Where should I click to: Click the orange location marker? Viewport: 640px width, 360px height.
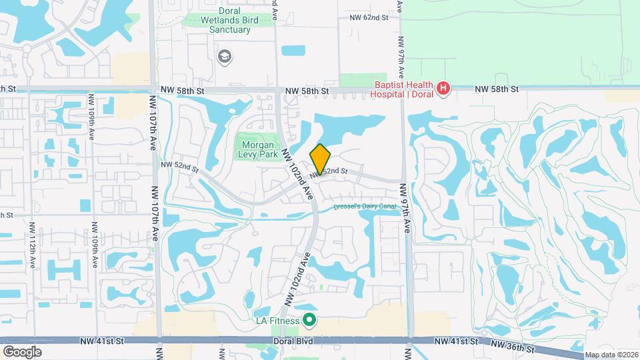pyautogui.click(x=320, y=159)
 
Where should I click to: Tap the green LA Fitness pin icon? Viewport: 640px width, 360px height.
pyautogui.click(x=309, y=321)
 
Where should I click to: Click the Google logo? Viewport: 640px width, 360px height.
pyautogui.click(x=22, y=351)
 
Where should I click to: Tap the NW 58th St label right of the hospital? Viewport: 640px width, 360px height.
pyautogui.click(x=496, y=89)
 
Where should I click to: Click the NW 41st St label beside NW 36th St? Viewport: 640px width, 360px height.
pyautogui.click(x=456, y=341)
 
